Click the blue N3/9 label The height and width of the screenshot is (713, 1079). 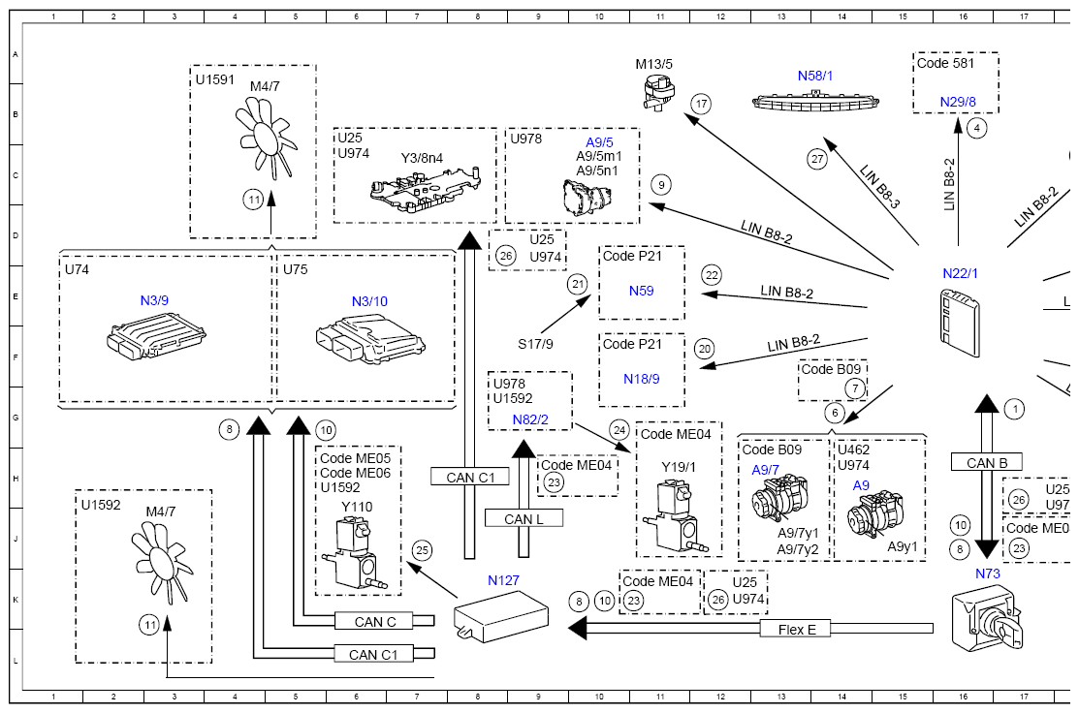click(154, 300)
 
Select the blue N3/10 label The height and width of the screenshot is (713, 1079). click(369, 301)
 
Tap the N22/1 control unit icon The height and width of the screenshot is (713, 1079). click(959, 323)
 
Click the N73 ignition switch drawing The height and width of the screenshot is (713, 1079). click(987, 618)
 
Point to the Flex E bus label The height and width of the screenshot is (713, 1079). click(797, 629)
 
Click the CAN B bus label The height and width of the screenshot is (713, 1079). click(987, 463)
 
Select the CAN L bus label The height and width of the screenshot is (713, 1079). click(524, 519)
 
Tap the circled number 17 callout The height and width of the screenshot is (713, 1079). click(701, 104)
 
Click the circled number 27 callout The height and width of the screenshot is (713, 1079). click(817, 160)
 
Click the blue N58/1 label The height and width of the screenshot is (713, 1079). click(814, 76)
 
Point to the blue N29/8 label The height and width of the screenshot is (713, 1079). click(958, 102)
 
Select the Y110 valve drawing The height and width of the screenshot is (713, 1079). click(351, 554)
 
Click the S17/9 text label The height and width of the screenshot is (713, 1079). click(535, 344)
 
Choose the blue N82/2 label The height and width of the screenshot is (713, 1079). click(530, 419)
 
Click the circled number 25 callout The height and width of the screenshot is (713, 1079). click(422, 550)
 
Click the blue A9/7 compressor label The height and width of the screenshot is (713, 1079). click(765, 470)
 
